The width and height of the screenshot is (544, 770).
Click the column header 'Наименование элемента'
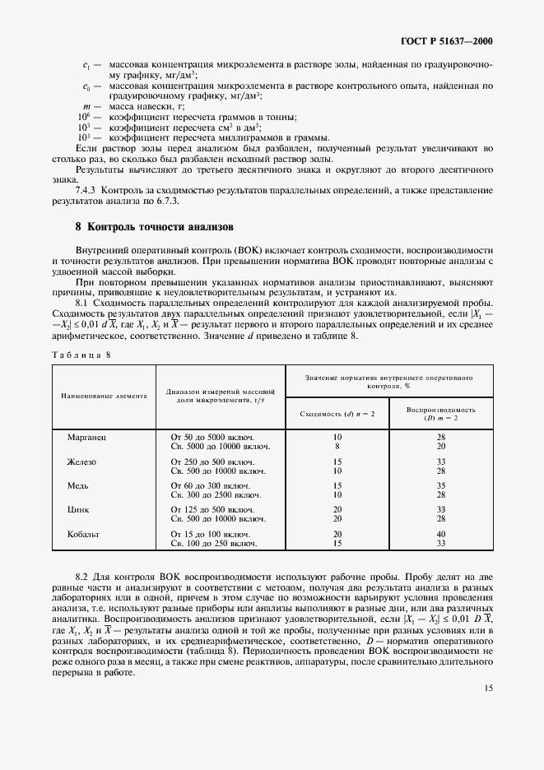click(x=104, y=396)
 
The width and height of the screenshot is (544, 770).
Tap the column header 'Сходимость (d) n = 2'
click(x=337, y=413)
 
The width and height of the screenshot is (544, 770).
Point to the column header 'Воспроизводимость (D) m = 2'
click(x=441, y=413)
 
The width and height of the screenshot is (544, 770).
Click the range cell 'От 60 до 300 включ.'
click(x=209, y=486)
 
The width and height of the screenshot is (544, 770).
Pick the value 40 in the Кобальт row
click(x=441, y=534)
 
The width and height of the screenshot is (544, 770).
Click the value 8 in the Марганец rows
click(x=337, y=446)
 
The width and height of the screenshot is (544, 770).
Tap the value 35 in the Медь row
click(x=441, y=486)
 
